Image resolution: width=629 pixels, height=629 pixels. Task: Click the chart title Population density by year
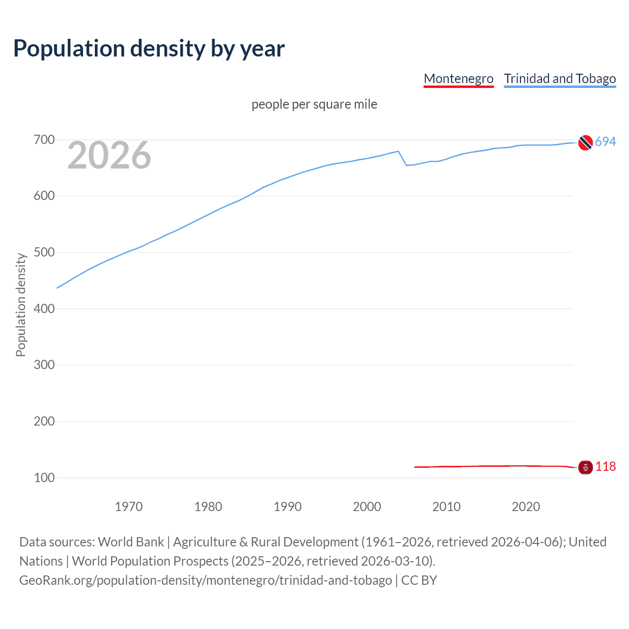[149, 49]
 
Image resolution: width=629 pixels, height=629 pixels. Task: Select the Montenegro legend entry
[458, 79]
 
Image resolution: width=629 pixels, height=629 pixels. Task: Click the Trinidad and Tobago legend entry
[560, 79]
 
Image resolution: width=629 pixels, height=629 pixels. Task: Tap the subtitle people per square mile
[314, 104]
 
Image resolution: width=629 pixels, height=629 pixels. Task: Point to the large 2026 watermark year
[109, 156]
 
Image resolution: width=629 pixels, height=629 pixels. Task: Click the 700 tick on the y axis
[44, 140]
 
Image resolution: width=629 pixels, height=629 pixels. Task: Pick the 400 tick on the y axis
[44, 309]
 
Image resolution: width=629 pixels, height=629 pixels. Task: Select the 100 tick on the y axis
[44, 478]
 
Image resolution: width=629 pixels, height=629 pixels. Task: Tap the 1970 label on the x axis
[129, 507]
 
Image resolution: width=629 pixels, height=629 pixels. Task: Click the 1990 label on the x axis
[287, 507]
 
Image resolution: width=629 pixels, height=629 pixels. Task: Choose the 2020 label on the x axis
[526, 507]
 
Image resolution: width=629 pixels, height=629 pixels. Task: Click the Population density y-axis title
[21, 305]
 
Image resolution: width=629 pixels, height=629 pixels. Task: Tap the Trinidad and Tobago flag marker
[585, 143]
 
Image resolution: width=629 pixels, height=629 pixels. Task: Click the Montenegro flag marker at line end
[585, 467]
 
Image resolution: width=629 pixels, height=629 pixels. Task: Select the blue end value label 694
[605, 142]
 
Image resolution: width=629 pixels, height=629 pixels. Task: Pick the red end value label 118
[605, 466]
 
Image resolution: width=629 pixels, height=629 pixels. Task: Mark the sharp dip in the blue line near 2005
[406, 165]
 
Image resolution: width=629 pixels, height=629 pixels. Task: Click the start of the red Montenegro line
[415, 467]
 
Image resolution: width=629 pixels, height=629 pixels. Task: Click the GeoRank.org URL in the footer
[205, 580]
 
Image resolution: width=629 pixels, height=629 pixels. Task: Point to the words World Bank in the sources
[131, 542]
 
